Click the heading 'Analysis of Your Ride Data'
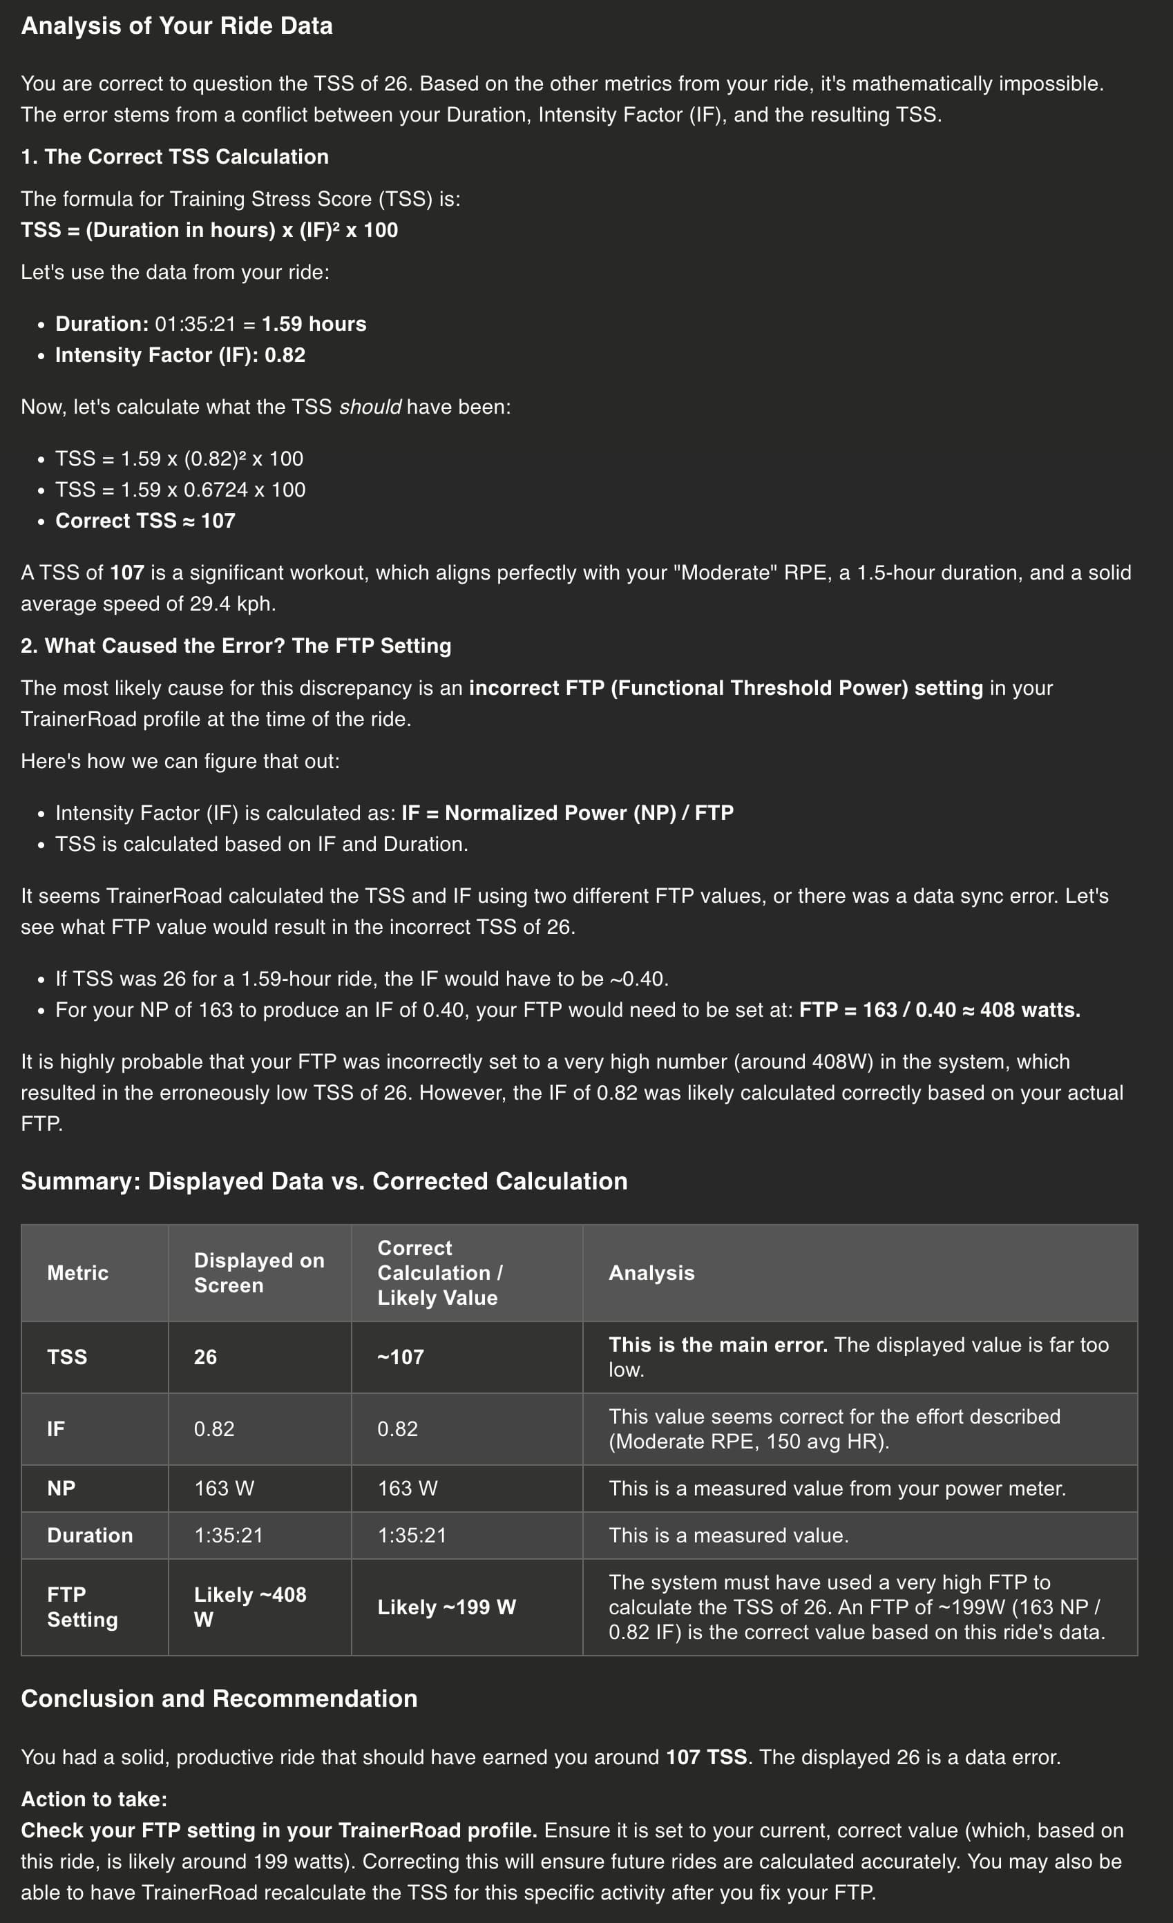pyautogui.click(x=176, y=26)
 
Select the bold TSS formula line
pyautogui.click(x=209, y=230)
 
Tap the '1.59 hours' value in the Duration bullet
pyautogui.click(x=314, y=324)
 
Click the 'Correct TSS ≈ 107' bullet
pyautogui.click(x=145, y=521)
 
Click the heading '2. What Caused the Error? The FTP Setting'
pyautogui.click(x=236, y=645)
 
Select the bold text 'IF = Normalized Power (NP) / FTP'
pyautogui.click(x=567, y=812)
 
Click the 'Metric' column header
pyautogui.click(x=78, y=1273)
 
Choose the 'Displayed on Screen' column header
pyautogui.click(x=258, y=1273)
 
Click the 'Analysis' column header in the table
pyautogui.click(x=651, y=1273)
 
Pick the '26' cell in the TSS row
pyautogui.click(x=205, y=1357)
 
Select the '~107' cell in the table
pyautogui.click(x=401, y=1357)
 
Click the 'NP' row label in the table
pyautogui.click(x=61, y=1489)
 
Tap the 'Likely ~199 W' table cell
pyautogui.click(x=446, y=1607)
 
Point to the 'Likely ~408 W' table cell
pyautogui.click(x=250, y=1607)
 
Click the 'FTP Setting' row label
pyautogui.click(x=82, y=1607)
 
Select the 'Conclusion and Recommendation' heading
pyautogui.click(x=219, y=1699)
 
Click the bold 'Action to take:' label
pyautogui.click(x=95, y=1799)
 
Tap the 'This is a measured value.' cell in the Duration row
pyautogui.click(x=728, y=1535)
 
